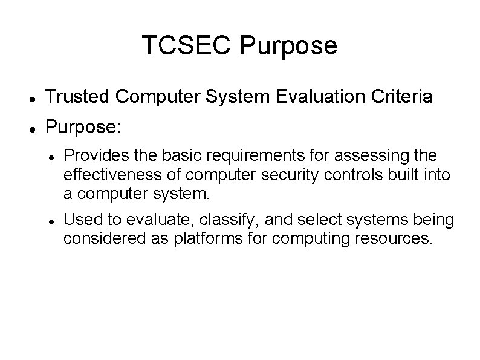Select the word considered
tap(102, 238)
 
